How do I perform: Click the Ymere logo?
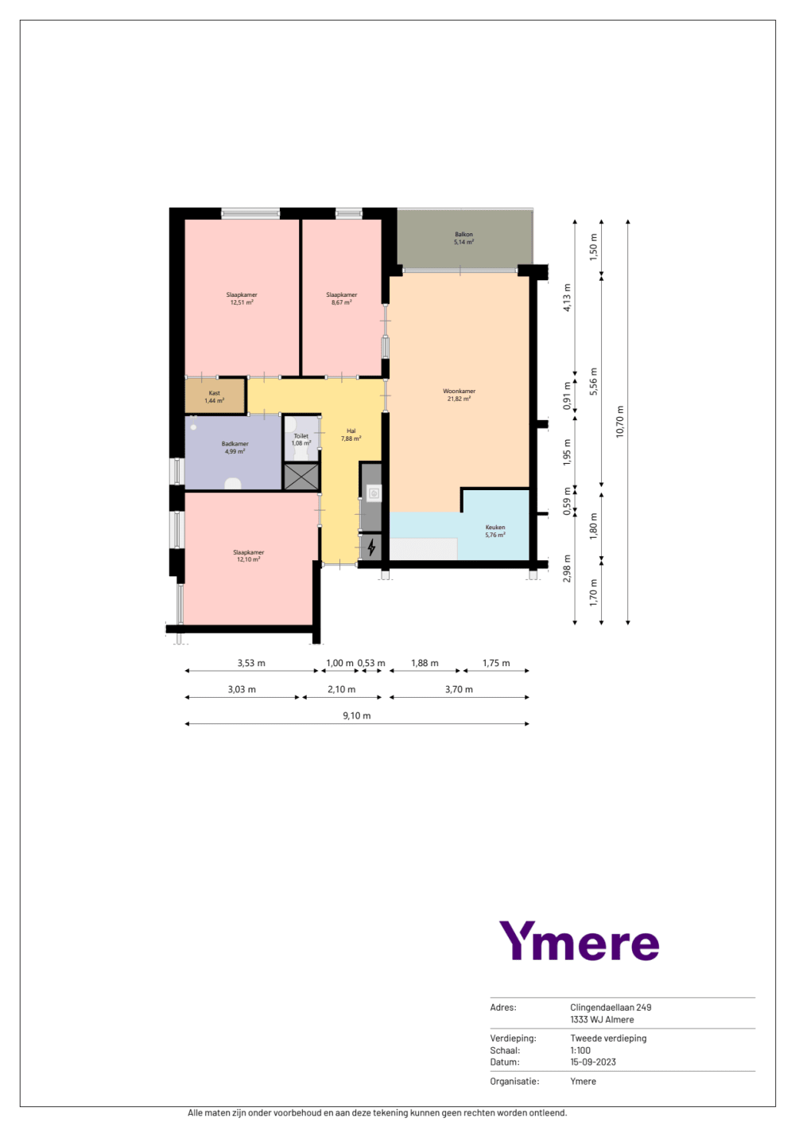click(579, 941)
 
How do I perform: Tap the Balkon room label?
click(463, 234)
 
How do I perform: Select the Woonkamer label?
click(459, 391)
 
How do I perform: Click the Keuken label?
click(495, 528)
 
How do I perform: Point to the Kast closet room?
click(215, 396)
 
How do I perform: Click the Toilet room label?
click(301, 436)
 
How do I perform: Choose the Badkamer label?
click(235, 444)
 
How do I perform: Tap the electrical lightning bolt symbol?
click(371, 547)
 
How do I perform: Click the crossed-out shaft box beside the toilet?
click(301, 477)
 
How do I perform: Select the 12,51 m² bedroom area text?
click(242, 302)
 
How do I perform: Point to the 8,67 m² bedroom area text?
click(342, 302)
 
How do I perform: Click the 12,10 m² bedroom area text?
click(249, 559)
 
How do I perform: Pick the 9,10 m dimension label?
click(357, 715)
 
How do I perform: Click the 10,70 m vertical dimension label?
click(620, 422)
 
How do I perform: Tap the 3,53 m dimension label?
click(251, 663)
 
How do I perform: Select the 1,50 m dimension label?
click(594, 247)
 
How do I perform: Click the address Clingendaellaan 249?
click(611, 1007)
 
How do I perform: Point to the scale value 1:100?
click(580, 1050)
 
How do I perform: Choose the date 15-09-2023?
click(593, 1062)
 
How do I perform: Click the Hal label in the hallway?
click(351, 431)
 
